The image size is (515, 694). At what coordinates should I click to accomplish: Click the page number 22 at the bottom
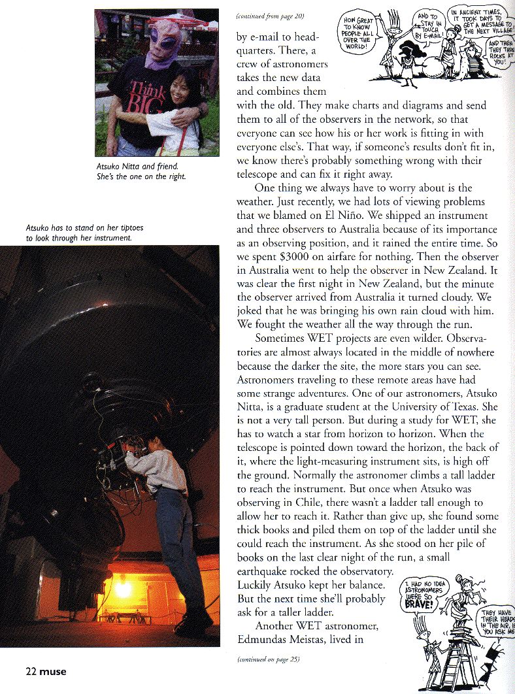coord(31,671)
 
